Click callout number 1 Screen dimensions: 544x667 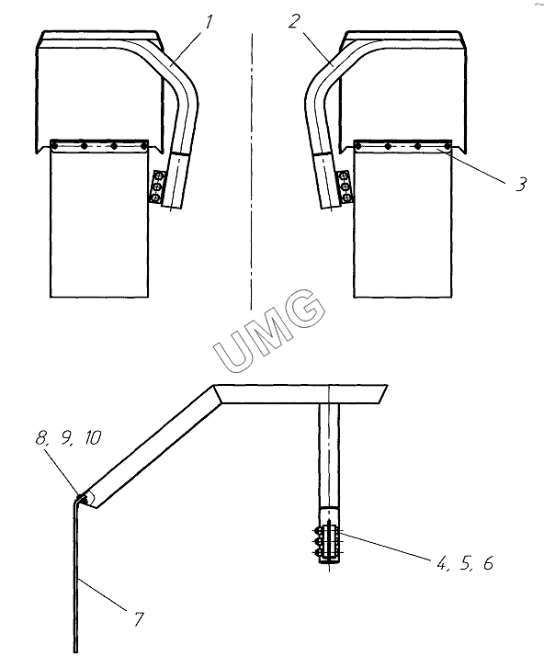pyautogui.click(x=209, y=22)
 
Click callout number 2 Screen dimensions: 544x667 pyautogui.click(x=294, y=21)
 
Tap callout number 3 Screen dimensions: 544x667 pyautogui.click(x=521, y=184)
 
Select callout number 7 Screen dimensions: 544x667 pyautogui.click(x=138, y=619)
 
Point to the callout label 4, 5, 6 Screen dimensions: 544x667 pyautogui.click(x=464, y=564)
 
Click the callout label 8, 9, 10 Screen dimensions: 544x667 pyautogui.click(x=69, y=437)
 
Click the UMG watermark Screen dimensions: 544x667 pyautogui.click(x=269, y=331)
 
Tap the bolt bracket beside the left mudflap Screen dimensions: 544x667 pyautogui.click(x=156, y=186)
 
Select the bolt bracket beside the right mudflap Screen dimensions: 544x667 pyautogui.click(x=344, y=186)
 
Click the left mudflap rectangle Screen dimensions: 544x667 pyautogui.click(x=99, y=219)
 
